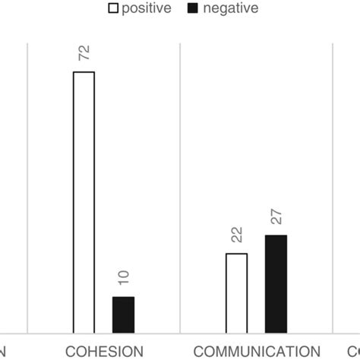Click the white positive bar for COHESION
point(84,202)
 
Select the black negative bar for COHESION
point(123,314)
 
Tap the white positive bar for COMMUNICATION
point(237,292)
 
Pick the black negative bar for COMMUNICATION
point(276,283)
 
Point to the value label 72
point(84,53)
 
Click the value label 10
point(124,278)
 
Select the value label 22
point(237,235)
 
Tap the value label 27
point(276,217)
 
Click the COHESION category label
point(104,351)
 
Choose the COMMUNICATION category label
point(257,351)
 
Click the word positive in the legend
point(152,8)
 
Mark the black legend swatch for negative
point(199,8)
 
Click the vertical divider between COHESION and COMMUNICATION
point(180,190)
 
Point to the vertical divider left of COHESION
point(27,190)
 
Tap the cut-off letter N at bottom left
point(4,351)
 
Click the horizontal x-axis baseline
point(180,333)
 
